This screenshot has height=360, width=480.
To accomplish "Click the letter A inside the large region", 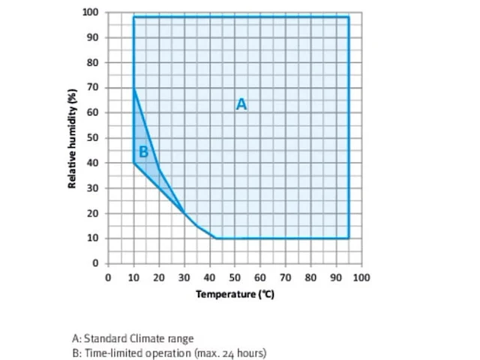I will pos(241,104).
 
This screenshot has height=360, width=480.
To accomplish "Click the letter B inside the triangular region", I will pos(144,151).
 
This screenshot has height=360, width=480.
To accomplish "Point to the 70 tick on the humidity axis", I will pos(94,88).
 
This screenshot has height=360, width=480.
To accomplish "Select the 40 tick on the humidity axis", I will pos(94,163).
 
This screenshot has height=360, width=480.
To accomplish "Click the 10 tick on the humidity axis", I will pos(94,238).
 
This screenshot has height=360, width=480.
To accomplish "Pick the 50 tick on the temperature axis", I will pos(235,277).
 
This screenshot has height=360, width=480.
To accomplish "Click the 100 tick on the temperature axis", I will pos(361,277).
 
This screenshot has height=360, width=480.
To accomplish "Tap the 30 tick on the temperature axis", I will pos(184,277).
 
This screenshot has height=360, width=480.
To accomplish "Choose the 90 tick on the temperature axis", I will pos(336,277).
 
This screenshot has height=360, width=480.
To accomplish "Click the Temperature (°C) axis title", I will pos(235,295).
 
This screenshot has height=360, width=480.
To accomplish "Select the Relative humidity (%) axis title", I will pos(73,138).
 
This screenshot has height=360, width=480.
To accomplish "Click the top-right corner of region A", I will pos(349,16).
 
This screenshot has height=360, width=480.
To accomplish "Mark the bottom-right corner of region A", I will pos(349,238).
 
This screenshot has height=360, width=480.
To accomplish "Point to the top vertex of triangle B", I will pos(133,88).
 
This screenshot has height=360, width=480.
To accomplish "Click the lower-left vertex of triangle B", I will pos(133,163).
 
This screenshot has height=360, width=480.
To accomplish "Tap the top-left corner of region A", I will pos(133,16).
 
